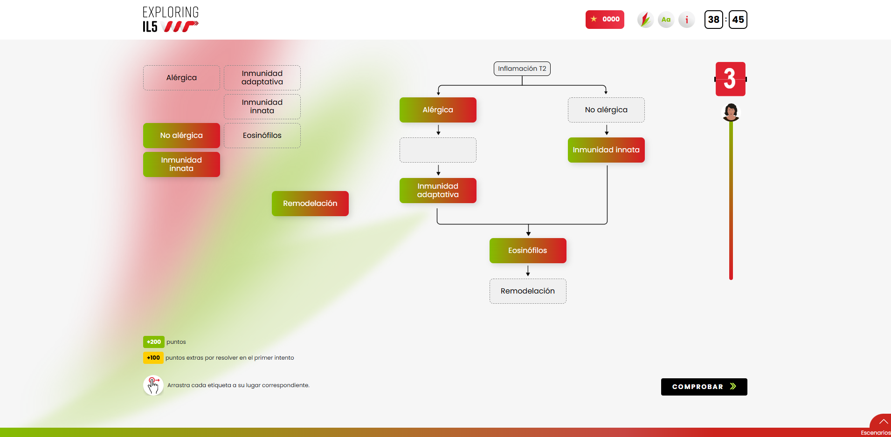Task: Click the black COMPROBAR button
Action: click(704, 387)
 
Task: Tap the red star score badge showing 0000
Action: click(605, 20)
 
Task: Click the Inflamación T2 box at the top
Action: click(522, 68)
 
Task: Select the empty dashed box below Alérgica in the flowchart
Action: click(438, 150)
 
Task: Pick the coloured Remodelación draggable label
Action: click(310, 204)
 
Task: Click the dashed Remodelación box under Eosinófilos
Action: click(528, 291)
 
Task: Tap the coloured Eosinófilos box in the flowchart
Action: click(528, 251)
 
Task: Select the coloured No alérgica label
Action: click(181, 136)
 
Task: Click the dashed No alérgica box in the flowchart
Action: click(606, 110)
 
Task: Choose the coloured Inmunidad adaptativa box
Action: click(438, 191)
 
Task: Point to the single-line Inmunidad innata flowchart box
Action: click(606, 150)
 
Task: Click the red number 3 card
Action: click(731, 79)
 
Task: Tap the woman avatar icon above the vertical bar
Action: click(731, 112)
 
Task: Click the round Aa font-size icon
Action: click(666, 20)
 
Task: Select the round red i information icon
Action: click(686, 20)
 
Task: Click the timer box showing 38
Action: click(713, 20)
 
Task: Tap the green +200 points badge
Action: click(153, 342)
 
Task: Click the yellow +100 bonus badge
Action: click(153, 358)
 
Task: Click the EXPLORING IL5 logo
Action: click(171, 20)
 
